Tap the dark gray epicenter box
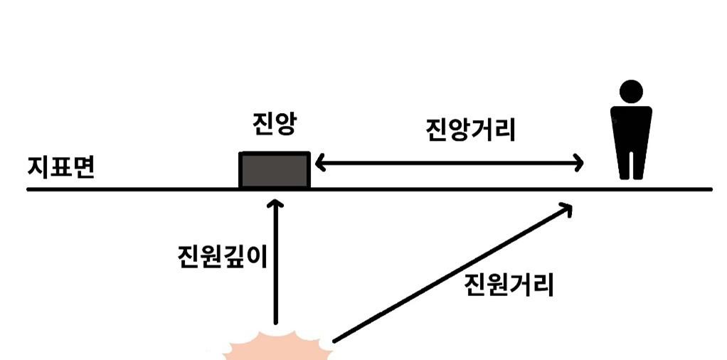(x=275, y=171)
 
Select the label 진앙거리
(x=470, y=130)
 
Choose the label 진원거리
(x=508, y=285)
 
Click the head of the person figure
(x=631, y=92)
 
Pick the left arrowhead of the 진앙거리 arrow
(x=319, y=164)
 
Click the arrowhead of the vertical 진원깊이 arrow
(x=275, y=205)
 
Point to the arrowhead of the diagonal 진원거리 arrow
(x=566, y=207)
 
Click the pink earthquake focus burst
(x=277, y=349)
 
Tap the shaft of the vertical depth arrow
(x=275, y=270)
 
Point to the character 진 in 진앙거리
(x=436, y=130)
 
